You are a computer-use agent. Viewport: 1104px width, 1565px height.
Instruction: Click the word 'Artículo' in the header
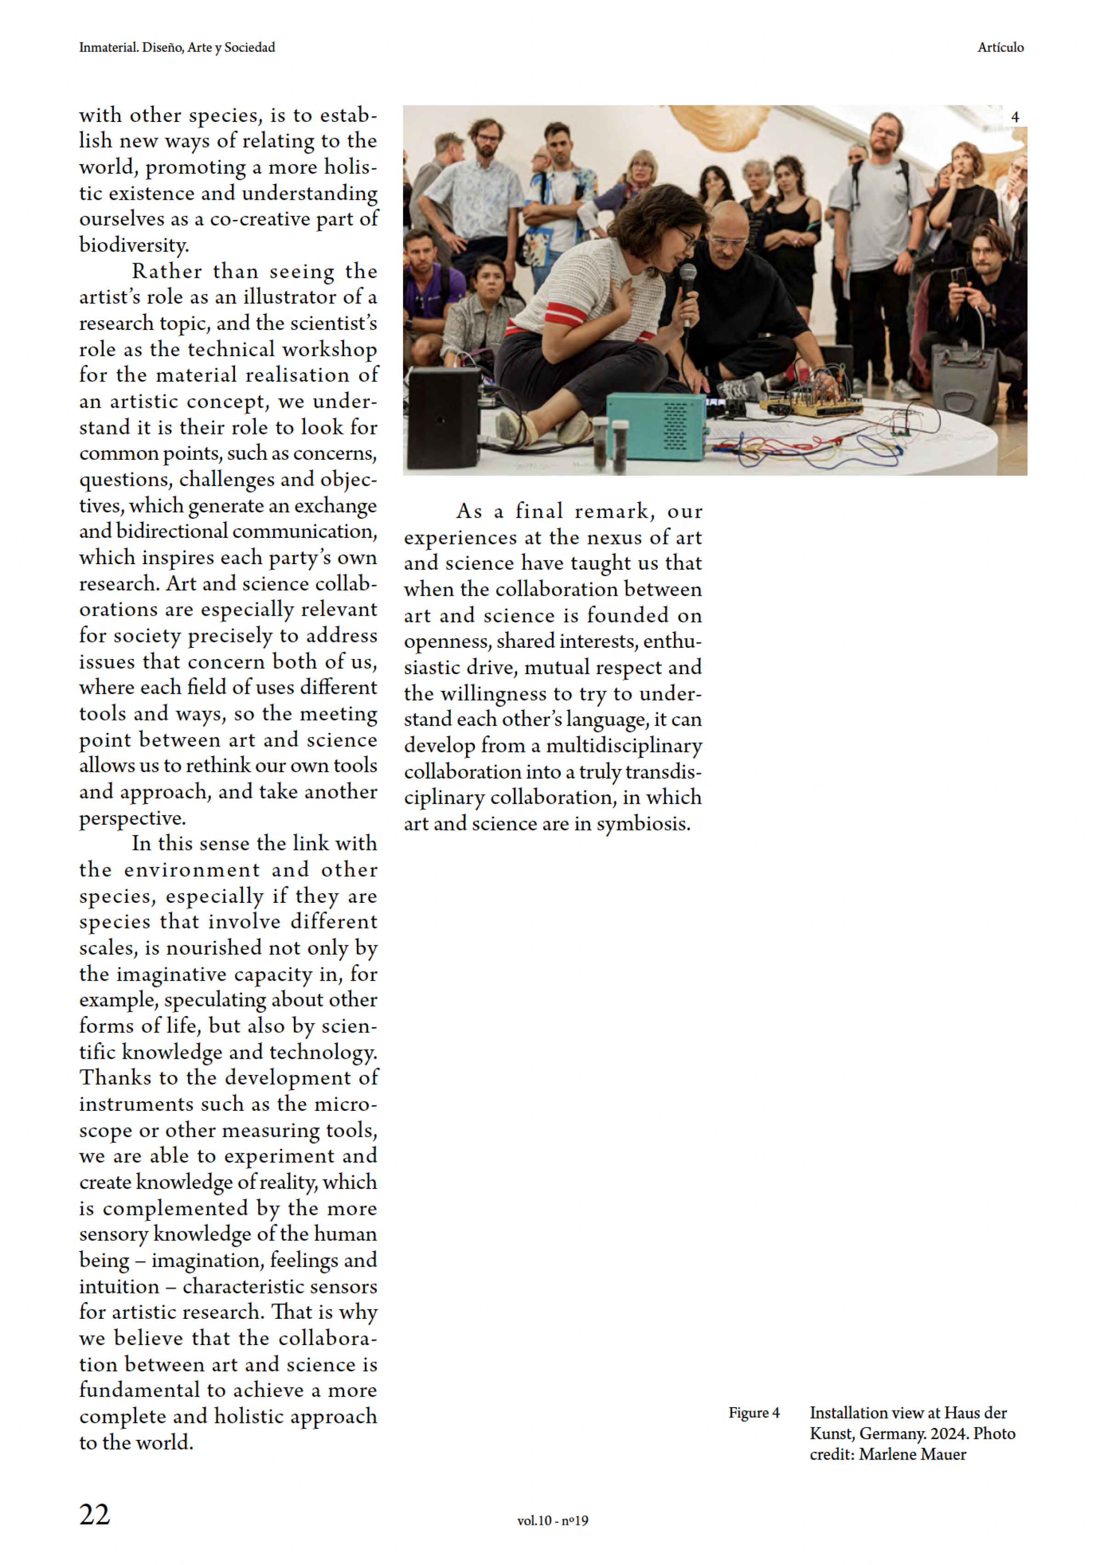1000,48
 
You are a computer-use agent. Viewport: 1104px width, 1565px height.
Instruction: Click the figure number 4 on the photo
1015,117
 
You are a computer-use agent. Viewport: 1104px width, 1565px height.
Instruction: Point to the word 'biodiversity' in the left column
133,245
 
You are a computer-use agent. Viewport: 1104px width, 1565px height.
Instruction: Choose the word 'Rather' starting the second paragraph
166,271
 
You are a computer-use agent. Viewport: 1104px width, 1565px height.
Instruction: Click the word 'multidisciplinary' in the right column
624,746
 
